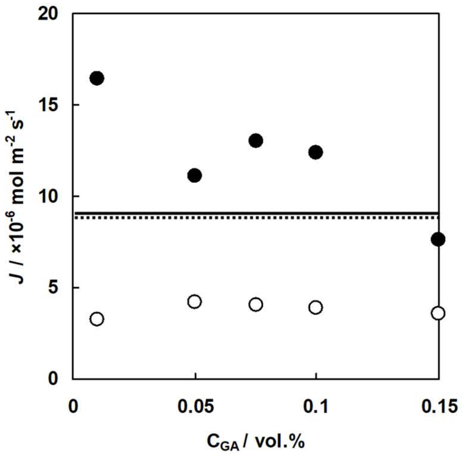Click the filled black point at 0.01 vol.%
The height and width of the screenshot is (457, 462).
(x=97, y=78)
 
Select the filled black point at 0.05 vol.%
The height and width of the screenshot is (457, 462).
(x=194, y=175)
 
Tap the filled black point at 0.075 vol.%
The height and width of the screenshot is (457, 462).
(x=256, y=140)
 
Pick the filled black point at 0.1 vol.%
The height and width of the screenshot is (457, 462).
(x=316, y=152)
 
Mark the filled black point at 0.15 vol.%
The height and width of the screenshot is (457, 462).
(x=438, y=239)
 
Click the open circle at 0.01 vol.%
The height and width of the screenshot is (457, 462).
(x=97, y=319)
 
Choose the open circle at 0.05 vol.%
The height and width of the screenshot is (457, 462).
(x=194, y=302)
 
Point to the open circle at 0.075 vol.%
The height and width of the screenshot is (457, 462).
(x=256, y=304)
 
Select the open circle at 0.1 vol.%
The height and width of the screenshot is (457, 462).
(x=316, y=307)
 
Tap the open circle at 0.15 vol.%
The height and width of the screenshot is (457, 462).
(x=438, y=313)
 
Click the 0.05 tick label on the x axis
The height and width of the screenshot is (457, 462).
(x=196, y=407)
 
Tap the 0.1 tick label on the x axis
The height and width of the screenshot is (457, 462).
(x=316, y=407)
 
